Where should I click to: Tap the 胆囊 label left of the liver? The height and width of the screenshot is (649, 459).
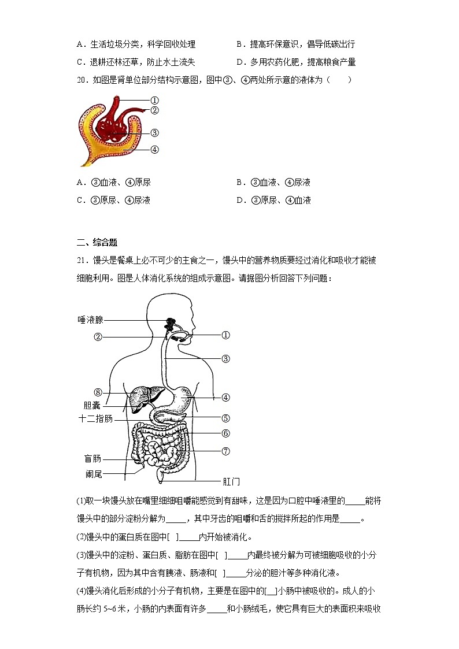(x=92, y=405)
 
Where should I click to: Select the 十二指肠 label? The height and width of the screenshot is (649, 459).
(x=95, y=418)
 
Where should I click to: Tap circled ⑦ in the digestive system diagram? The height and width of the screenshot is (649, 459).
(x=225, y=451)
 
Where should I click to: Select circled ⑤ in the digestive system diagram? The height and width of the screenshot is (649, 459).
(x=225, y=418)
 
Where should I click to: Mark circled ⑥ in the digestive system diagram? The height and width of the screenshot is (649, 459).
(x=225, y=433)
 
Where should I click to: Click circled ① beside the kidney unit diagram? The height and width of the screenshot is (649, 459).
(x=154, y=100)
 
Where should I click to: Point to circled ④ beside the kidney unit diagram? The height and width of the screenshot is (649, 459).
(x=154, y=149)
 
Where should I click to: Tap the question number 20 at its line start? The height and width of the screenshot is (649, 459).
(x=82, y=79)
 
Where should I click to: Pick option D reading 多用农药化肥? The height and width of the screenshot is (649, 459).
(x=296, y=62)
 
